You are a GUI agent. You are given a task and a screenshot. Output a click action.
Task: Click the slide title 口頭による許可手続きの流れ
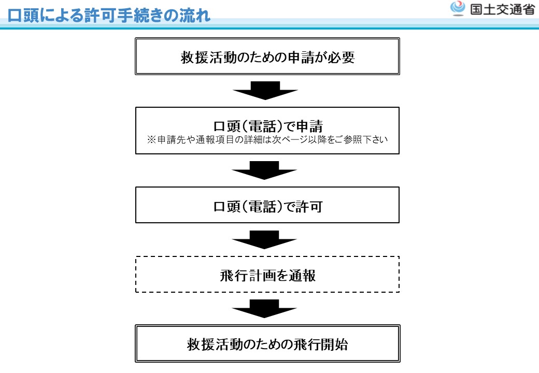[x=109, y=16]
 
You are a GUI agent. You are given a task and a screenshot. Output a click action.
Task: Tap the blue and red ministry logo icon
[x=458, y=9]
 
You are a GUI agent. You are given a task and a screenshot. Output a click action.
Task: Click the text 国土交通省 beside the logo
[x=502, y=9]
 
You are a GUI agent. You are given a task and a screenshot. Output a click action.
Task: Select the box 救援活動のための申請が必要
[x=267, y=56]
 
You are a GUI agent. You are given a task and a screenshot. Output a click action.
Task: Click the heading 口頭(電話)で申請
[x=268, y=126]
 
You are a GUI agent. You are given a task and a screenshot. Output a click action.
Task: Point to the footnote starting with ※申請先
[x=267, y=139]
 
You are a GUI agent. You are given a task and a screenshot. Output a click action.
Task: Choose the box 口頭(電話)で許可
[x=267, y=205]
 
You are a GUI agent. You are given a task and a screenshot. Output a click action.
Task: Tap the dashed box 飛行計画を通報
[x=267, y=274]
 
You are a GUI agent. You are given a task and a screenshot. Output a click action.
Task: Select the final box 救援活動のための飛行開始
[x=267, y=343]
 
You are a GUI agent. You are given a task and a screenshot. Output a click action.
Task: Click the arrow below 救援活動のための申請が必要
[x=265, y=91]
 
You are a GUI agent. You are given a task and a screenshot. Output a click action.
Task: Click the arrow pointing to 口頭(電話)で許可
[x=264, y=170]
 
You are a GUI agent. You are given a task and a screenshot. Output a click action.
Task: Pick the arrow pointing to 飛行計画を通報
[x=264, y=240]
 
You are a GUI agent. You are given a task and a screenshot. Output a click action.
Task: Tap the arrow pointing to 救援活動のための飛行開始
[x=264, y=309]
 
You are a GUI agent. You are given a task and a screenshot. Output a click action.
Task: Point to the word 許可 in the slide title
[x=101, y=16]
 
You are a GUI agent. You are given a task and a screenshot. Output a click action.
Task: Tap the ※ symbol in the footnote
[x=151, y=140]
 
